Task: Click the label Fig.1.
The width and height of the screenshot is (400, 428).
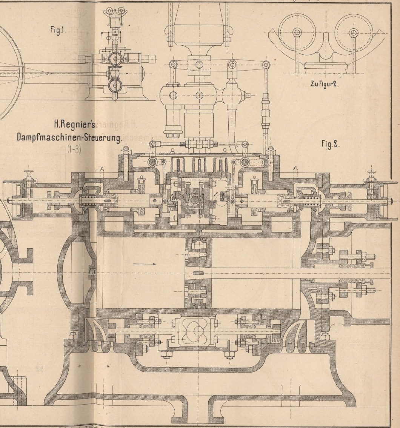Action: point(58,32)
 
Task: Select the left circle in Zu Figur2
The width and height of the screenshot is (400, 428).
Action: point(297,32)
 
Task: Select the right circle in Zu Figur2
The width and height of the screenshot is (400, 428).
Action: point(353,32)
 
